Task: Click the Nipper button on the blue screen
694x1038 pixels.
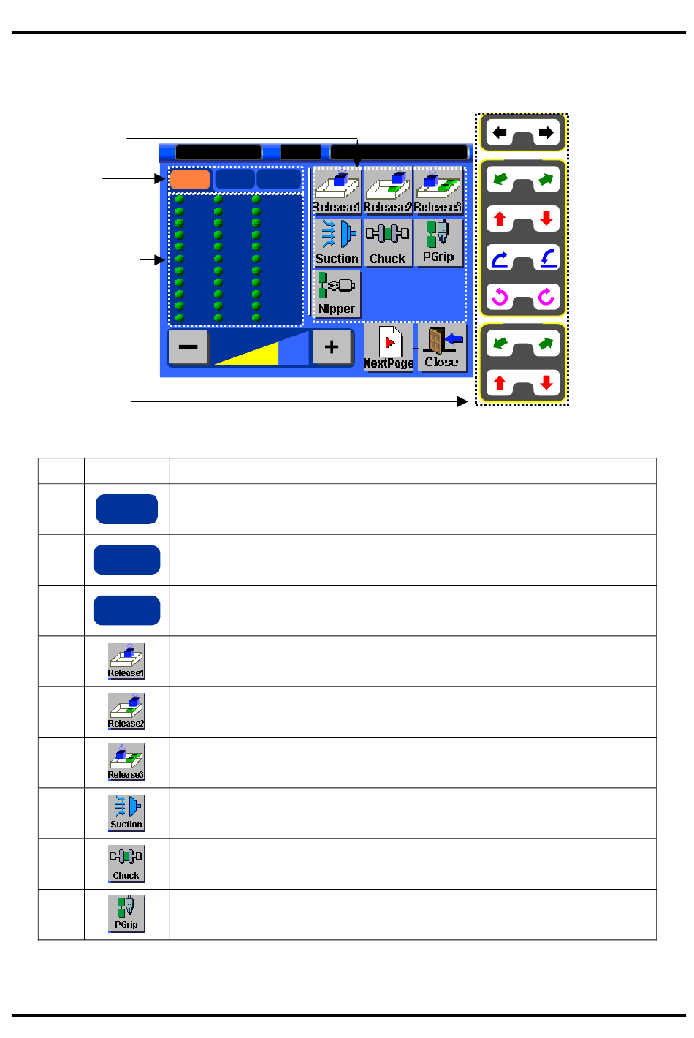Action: pos(337,294)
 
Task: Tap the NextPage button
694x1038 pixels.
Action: pos(388,349)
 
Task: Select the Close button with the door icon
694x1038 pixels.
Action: pos(441,348)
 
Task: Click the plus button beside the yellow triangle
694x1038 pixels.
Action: pos(332,346)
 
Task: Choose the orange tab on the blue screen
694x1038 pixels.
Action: pos(190,179)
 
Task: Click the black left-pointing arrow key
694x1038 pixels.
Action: pos(500,133)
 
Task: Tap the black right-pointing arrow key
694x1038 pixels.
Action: pos(546,133)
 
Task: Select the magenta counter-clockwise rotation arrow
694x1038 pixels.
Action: pos(500,297)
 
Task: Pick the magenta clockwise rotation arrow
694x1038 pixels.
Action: pos(546,297)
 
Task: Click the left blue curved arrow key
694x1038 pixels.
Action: pos(500,258)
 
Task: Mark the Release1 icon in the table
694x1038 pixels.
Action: pos(126,661)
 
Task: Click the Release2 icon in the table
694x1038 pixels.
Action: pos(126,711)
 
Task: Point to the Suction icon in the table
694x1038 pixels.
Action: pos(126,813)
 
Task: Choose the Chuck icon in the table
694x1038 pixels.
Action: pos(126,863)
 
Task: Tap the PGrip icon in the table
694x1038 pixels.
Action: pos(126,914)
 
